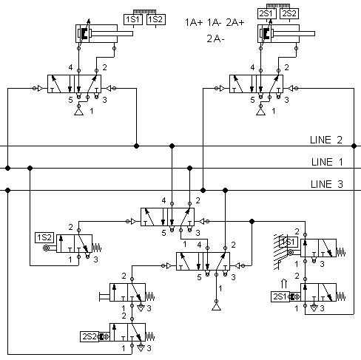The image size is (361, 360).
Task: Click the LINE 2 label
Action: point(326,140)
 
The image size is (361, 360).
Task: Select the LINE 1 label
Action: point(327,162)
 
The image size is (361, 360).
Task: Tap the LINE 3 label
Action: point(327,184)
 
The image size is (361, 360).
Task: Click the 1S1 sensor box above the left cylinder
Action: point(133,20)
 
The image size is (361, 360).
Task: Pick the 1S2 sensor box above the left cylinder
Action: point(156,20)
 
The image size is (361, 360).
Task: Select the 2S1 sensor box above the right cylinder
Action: point(267,13)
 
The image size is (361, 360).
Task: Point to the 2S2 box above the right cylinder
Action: point(289,13)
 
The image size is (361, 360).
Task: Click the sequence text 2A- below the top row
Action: point(215,38)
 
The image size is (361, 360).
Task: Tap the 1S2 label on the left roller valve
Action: point(44,237)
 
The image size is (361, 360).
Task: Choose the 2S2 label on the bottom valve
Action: point(90,336)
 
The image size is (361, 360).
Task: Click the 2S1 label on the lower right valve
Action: point(280,296)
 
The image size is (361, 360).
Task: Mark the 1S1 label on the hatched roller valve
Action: point(289,242)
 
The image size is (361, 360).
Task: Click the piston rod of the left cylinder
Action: point(112,33)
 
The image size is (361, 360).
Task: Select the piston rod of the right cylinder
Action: point(294,33)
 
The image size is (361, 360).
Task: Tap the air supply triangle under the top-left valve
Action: point(78,112)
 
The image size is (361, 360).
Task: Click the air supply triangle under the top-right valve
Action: point(260,112)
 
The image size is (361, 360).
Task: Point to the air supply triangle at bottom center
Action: point(216,307)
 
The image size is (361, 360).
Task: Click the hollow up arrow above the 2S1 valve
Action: point(284,283)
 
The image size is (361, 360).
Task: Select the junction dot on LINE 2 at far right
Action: point(354,146)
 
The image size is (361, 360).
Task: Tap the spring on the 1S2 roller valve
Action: point(97,248)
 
